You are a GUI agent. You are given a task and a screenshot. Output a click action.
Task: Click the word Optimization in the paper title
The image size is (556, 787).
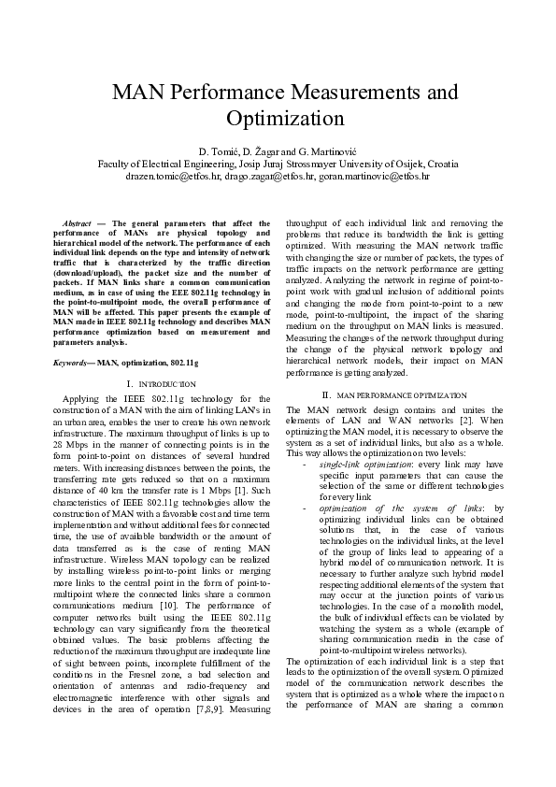click(x=286, y=119)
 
